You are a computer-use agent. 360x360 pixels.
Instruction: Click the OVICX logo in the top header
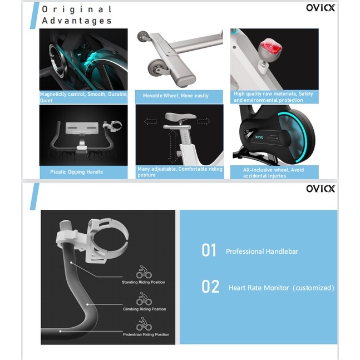(320, 8)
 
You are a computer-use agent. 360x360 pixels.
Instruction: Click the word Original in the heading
(77, 9)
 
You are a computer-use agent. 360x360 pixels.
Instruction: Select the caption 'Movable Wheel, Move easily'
(176, 96)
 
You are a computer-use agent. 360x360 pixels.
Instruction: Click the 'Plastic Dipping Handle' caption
(76, 172)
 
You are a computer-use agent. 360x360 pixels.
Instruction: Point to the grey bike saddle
(180, 116)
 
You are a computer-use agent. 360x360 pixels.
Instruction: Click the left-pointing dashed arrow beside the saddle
(151, 121)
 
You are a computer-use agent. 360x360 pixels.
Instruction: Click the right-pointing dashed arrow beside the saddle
(204, 121)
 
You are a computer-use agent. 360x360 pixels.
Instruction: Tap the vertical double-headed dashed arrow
(172, 146)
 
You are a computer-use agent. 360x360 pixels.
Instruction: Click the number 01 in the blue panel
(209, 250)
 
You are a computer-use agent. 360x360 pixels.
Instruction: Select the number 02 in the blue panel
(210, 287)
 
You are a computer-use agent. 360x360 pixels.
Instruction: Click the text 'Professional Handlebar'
(262, 251)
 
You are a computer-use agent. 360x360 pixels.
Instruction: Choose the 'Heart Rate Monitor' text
(259, 288)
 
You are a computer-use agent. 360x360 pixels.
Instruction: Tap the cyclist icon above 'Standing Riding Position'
(144, 272)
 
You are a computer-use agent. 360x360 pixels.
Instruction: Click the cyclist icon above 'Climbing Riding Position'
(144, 298)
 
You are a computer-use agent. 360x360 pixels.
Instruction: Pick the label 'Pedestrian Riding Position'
(146, 334)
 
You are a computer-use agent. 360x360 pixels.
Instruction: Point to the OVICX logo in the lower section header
(320, 189)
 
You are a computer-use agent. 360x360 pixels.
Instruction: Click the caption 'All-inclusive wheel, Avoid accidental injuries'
(273, 172)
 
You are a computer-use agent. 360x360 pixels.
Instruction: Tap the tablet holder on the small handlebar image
(82, 128)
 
